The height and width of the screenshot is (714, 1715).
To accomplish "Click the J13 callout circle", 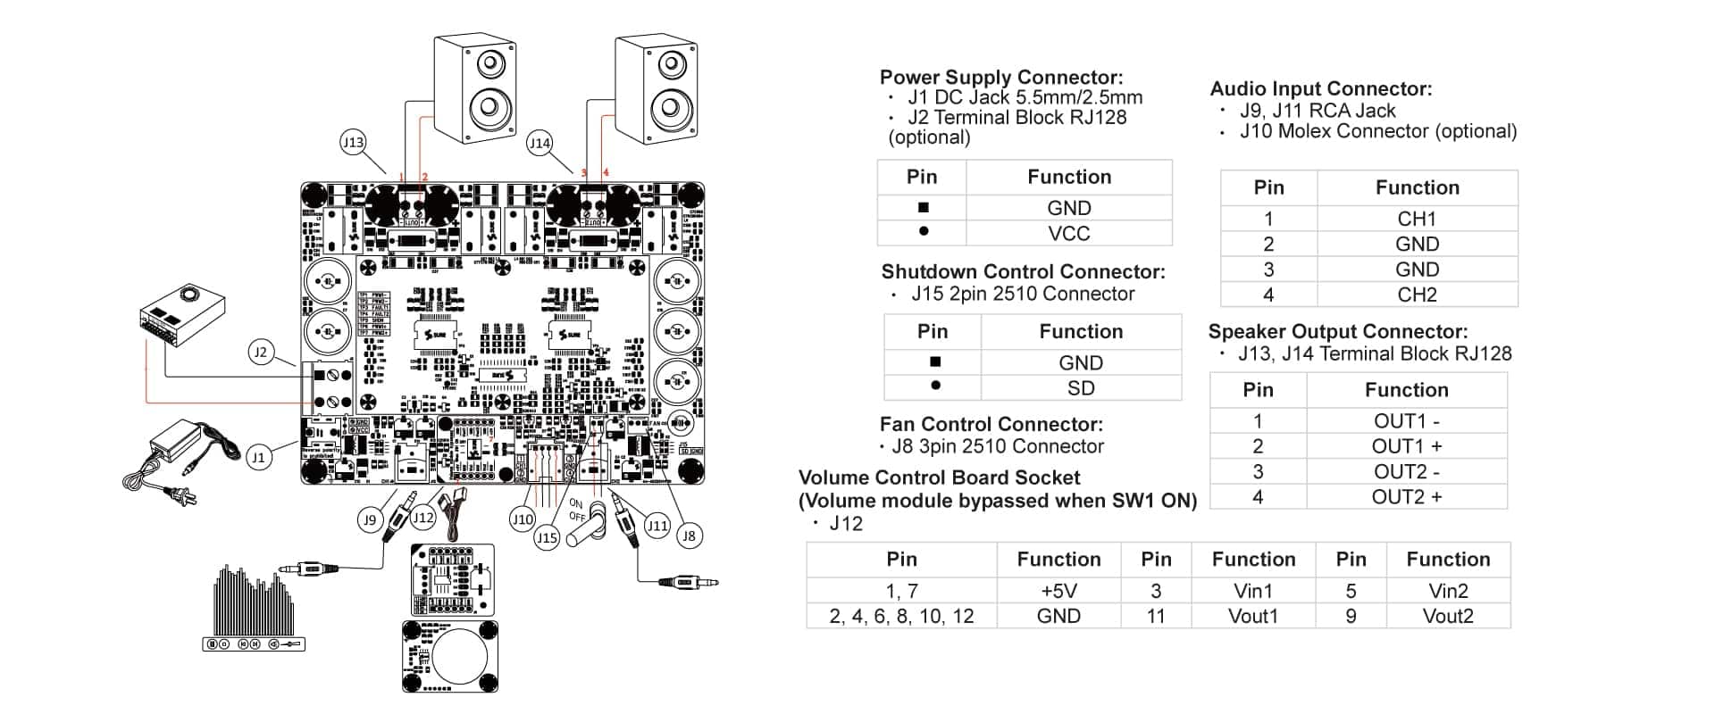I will pyautogui.click(x=354, y=142).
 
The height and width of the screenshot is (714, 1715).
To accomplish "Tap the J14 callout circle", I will pyautogui.click(x=540, y=143).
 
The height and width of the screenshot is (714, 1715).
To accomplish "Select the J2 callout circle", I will pyautogui.click(x=260, y=353).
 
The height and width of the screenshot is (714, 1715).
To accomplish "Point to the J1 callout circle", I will pyautogui.click(x=259, y=458).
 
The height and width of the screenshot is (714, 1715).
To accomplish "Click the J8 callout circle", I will pyautogui.click(x=688, y=535).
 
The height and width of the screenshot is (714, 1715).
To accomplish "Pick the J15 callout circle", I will pyautogui.click(x=547, y=537).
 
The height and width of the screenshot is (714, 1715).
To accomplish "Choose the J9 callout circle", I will pyautogui.click(x=370, y=519).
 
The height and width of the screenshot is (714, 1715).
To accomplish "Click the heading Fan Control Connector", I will pyautogui.click(x=991, y=424).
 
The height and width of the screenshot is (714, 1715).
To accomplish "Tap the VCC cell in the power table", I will pyautogui.click(x=1068, y=233).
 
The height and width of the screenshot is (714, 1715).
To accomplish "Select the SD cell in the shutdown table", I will pyautogui.click(x=1080, y=387).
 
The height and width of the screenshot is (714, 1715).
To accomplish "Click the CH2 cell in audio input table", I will pyautogui.click(x=1417, y=295).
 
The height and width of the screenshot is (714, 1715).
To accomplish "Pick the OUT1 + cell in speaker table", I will pyautogui.click(x=1406, y=445).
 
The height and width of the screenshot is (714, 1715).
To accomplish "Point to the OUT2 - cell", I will pyautogui.click(x=1406, y=471).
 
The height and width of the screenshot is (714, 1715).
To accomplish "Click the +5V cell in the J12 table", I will pyautogui.click(x=1058, y=591).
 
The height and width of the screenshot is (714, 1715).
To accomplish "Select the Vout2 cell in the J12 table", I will pyautogui.click(x=1447, y=616).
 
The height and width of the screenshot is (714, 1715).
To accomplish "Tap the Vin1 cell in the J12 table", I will pyautogui.click(x=1252, y=591).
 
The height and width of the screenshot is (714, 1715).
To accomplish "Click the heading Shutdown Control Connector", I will pyautogui.click(x=1023, y=271).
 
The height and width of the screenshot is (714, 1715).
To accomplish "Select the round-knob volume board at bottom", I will pyautogui.click(x=450, y=656).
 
